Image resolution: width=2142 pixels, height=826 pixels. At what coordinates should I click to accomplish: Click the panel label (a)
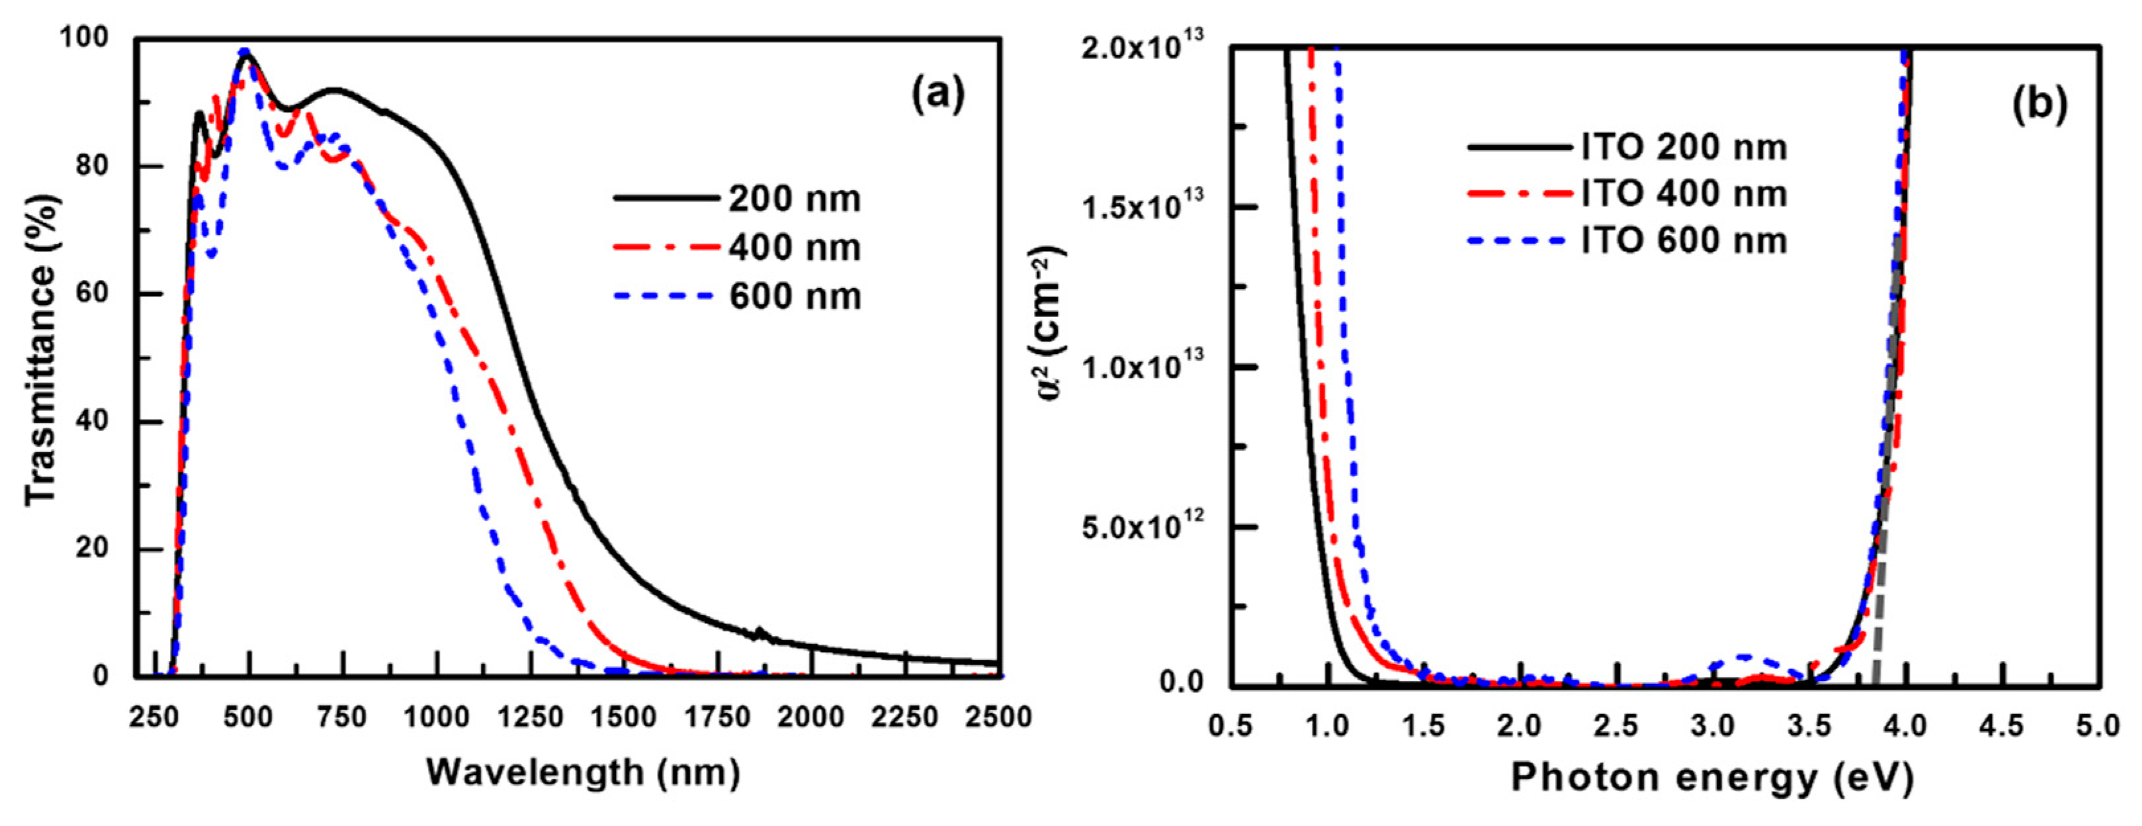pos(939,94)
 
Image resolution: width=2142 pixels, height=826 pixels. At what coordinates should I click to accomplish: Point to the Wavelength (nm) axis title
pos(583,773)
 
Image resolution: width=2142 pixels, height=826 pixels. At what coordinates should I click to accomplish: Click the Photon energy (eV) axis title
pos(1712,778)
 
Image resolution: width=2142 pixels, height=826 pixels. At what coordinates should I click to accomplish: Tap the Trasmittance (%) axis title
pos(42,349)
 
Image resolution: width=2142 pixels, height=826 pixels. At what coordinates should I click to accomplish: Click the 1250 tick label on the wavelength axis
pos(531,717)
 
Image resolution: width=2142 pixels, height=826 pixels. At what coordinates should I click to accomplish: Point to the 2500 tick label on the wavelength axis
pos(998,717)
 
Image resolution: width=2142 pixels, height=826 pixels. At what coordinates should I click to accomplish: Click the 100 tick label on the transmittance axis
pos(85,38)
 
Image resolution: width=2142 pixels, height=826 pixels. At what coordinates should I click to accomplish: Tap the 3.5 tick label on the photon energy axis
pos(1810,725)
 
